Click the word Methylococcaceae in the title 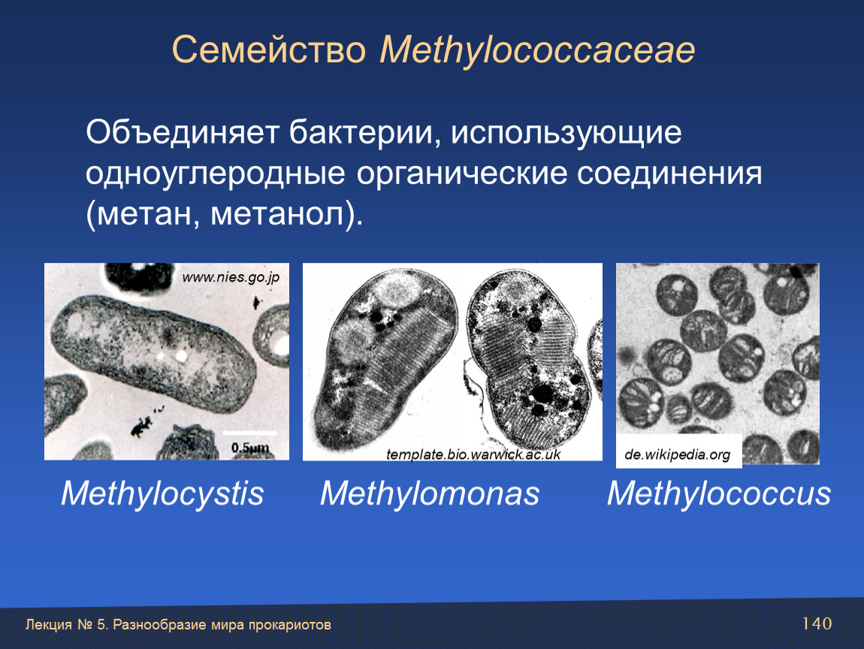click(x=537, y=50)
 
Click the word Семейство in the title click(x=269, y=50)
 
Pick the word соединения click(x=669, y=174)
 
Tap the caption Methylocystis click(x=162, y=493)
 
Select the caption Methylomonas click(x=430, y=493)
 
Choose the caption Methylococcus click(x=719, y=493)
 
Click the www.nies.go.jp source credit click(x=231, y=278)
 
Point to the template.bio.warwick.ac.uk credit click(x=473, y=454)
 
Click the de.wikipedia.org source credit click(x=677, y=455)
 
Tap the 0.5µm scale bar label click(x=250, y=448)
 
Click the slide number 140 click(x=817, y=623)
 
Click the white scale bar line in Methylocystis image click(x=249, y=433)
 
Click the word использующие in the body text click(x=566, y=133)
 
